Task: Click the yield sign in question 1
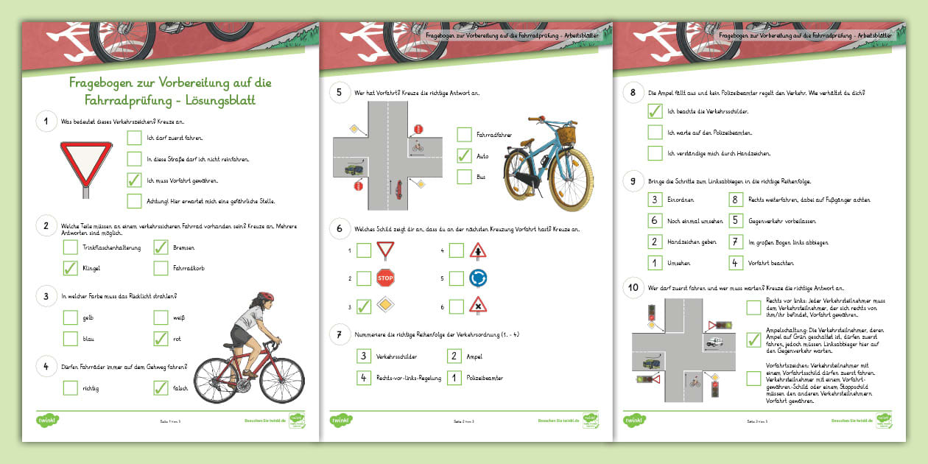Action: [86, 164]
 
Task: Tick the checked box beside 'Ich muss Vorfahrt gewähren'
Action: [134, 180]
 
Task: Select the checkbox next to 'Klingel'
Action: [71, 268]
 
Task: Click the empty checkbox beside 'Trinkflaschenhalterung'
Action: [71, 248]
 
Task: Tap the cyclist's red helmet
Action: [265, 297]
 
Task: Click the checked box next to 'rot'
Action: [161, 339]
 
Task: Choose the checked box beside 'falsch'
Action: [161, 387]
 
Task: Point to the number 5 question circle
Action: [340, 93]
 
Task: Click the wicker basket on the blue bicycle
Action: [566, 136]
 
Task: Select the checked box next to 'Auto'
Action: [464, 156]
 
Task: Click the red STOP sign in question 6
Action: [385, 278]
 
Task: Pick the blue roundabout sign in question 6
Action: [477, 278]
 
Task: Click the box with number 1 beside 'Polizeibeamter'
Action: [455, 378]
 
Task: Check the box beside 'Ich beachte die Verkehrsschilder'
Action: [654, 111]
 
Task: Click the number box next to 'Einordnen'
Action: [654, 200]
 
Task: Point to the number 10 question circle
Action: [633, 288]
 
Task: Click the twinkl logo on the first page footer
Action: [48, 420]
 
